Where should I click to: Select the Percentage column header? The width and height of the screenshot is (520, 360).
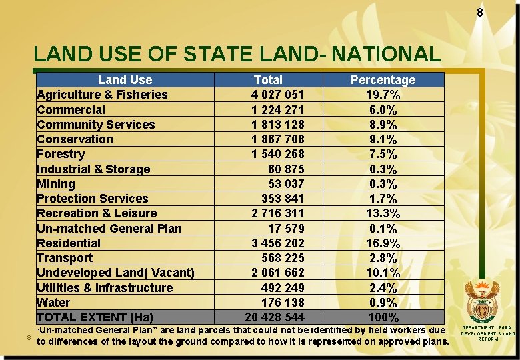coord(383,80)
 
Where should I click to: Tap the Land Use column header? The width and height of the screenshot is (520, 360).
coord(125,80)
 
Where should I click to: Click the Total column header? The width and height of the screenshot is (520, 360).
coord(268,80)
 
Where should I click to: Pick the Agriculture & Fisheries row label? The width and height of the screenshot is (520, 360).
coord(102,95)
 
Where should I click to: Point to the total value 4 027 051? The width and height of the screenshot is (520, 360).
coord(277,95)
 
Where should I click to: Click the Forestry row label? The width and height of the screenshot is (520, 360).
coord(61,154)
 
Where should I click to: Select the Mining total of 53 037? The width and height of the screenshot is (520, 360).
coord(286,184)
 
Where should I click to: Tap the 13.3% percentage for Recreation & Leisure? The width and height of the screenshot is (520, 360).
coord(383,213)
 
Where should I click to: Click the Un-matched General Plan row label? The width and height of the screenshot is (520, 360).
coord(109,229)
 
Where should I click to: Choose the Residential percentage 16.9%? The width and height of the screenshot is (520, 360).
coord(383,243)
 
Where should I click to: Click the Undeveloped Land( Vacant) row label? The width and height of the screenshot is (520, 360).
coord(115,273)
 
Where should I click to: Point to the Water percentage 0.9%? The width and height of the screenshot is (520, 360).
coord(383,303)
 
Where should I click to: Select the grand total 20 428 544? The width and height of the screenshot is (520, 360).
coord(275,317)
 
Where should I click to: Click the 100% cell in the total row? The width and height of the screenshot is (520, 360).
coord(383,317)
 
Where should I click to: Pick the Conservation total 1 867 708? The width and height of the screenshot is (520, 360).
coord(277,139)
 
